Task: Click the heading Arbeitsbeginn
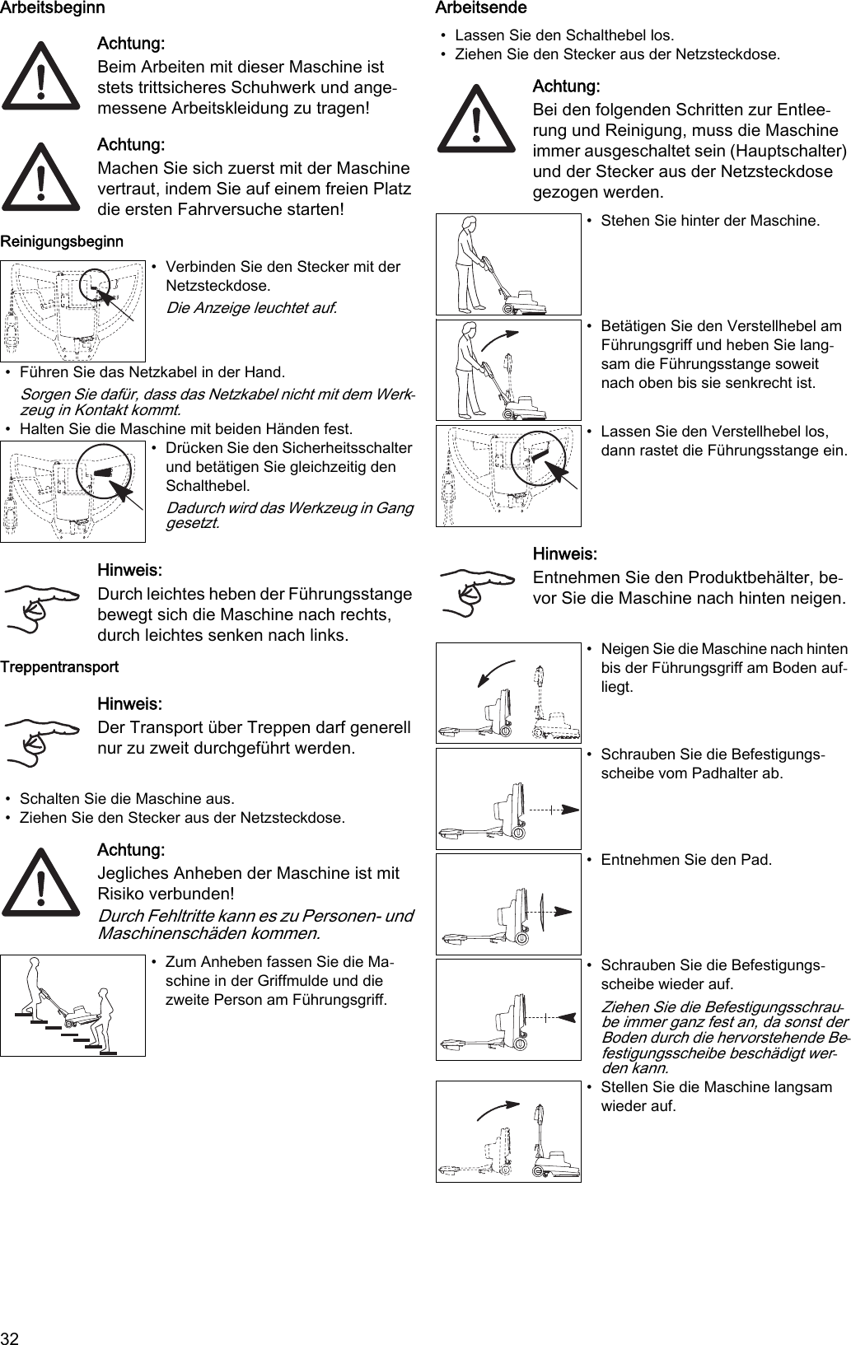coord(53,8)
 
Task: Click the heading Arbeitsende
coord(480,8)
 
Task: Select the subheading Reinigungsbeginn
coord(62,241)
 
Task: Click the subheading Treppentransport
coord(59,666)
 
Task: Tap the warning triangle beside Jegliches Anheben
coord(40,882)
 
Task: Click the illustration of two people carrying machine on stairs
coord(72,1006)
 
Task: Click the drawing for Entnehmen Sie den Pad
coord(508,904)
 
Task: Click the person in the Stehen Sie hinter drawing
coord(468,264)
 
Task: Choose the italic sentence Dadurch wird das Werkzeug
coord(289,515)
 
